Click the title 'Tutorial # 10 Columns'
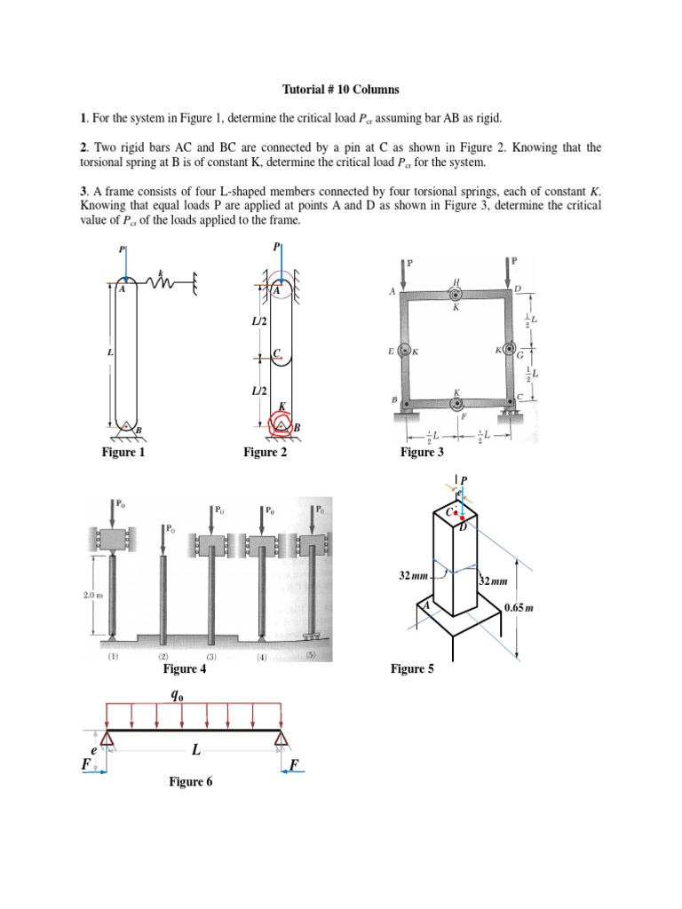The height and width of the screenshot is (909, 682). coord(341,90)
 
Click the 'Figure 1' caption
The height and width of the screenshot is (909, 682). coord(123,453)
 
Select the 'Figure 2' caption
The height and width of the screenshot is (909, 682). coord(266,453)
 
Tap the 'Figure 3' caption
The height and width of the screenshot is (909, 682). coord(423,453)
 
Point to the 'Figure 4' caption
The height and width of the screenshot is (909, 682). coord(185,669)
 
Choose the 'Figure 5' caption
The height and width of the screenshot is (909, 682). coord(413,669)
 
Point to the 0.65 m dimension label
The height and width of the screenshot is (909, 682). coord(518,608)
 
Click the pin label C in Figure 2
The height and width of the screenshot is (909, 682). coord(277,353)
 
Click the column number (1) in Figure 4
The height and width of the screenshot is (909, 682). coord(113,657)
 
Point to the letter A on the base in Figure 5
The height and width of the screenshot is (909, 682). coord(425,605)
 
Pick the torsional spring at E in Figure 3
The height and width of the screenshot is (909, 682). coord(405,351)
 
